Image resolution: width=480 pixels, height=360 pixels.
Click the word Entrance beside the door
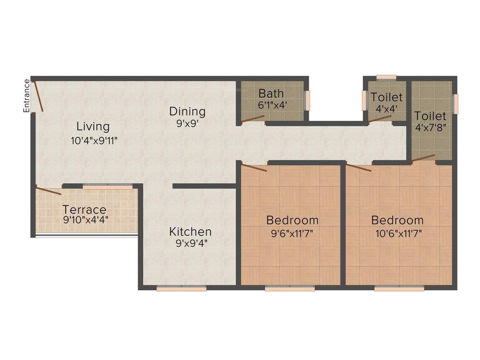tap(27, 96)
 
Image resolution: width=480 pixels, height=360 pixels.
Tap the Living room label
tap(93, 127)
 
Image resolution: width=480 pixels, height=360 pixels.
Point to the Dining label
tap(187, 112)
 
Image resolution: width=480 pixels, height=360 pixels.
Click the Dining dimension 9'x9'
tap(187, 124)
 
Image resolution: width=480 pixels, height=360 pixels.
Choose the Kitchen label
tap(190, 232)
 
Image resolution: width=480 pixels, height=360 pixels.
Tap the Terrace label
tap(84, 210)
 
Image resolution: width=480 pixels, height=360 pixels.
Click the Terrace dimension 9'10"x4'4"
tap(86, 219)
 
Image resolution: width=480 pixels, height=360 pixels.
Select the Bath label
tap(271, 93)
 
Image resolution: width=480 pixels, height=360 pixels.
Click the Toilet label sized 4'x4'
tap(387, 97)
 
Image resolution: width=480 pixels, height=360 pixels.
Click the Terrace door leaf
tap(49, 191)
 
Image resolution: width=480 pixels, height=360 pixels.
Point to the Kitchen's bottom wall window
tap(181, 289)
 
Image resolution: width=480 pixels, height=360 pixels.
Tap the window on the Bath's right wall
tap(308, 100)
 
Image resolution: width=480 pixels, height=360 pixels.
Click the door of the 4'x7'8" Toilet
tap(423, 158)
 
